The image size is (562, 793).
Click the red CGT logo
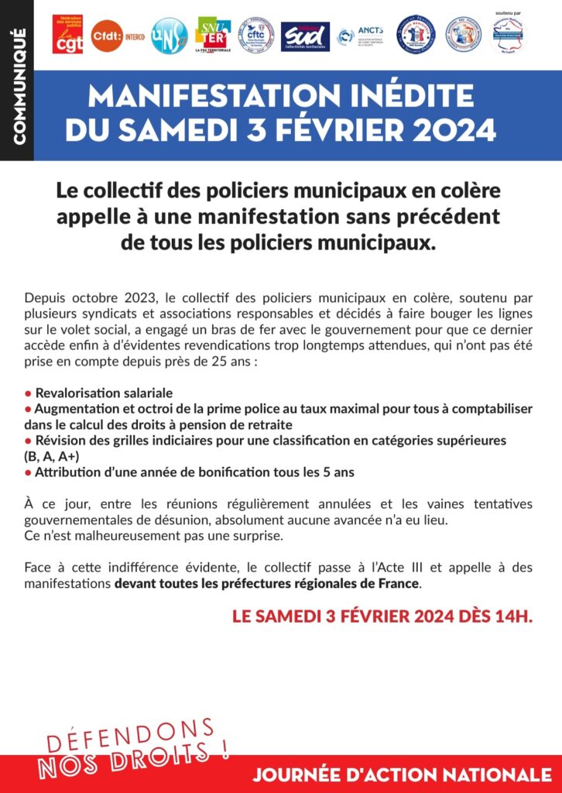point(67,35)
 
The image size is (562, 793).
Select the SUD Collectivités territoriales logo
point(304,36)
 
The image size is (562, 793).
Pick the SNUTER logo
point(214,35)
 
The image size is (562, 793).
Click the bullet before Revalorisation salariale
point(28,393)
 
